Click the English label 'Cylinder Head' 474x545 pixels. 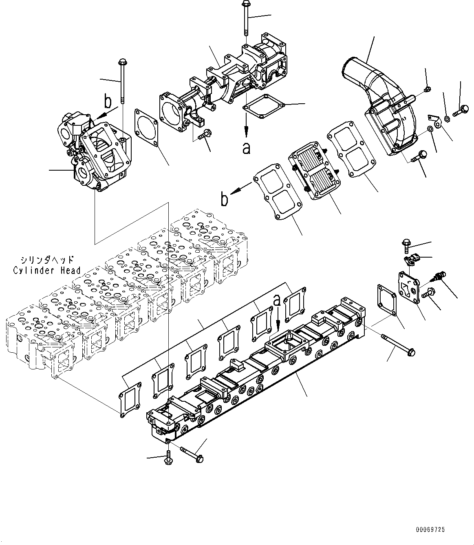tap(46, 270)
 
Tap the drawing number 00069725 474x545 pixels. tap(430, 529)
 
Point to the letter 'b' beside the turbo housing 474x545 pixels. tap(108, 100)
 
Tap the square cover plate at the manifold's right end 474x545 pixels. tap(409, 289)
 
